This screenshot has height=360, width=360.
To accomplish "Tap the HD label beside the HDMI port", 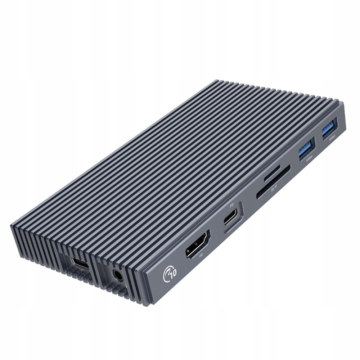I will (x=201, y=256).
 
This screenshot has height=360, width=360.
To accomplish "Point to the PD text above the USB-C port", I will (x=232, y=206).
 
